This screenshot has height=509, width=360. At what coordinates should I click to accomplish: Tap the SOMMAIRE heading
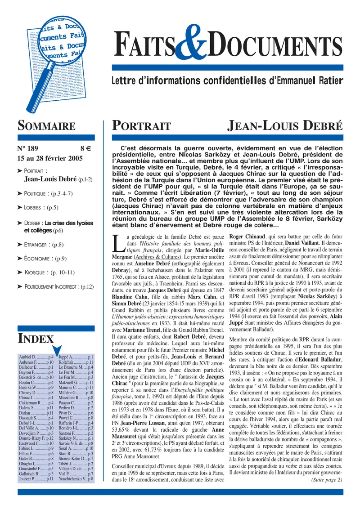pos(45,126)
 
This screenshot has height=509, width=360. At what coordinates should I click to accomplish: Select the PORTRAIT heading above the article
pos(142,126)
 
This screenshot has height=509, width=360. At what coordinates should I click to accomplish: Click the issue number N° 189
pos(28,149)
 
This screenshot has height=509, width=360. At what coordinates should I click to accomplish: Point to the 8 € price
pos(85,149)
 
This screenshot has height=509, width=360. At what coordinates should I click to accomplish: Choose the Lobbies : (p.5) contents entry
pos(41,207)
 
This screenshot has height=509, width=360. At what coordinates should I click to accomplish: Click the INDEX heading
pos(36,339)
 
